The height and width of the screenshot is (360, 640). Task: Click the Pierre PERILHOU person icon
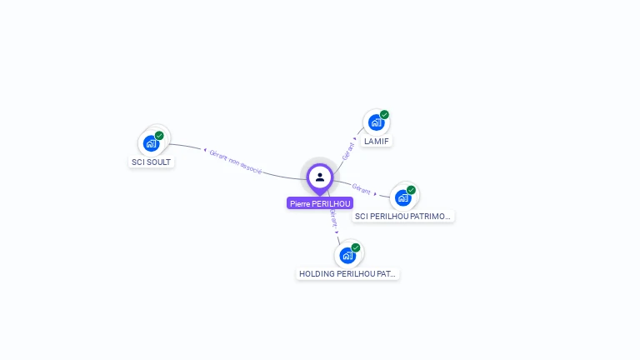[x=320, y=177]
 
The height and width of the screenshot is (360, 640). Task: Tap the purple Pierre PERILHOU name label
[x=320, y=203]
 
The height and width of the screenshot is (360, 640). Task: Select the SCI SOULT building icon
[x=151, y=143]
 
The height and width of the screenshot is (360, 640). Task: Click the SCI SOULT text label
[x=152, y=162]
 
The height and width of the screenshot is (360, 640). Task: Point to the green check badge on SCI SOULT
[x=159, y=136]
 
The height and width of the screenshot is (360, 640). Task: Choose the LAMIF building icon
[x=376, y=123]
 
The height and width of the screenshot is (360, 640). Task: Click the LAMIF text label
[x=377, y=142]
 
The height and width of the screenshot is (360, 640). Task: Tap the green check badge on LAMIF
[x=384, y=115]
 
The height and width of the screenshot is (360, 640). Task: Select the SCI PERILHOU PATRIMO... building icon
[x=403, y=197]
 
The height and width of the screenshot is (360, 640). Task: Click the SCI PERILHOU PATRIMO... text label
[x=403, y=216]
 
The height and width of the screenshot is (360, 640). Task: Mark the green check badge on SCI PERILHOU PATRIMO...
[x=411, y=190]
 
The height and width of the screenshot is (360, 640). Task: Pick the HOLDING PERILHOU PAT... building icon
[x=347, y=255]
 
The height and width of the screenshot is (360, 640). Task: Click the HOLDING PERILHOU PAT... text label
[x=347, y=273]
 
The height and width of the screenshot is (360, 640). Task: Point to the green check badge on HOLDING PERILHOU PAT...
[x=356, y=247]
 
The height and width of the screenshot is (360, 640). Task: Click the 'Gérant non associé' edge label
[x=236, y=162]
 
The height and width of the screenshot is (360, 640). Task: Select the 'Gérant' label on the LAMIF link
[x=349, y=150]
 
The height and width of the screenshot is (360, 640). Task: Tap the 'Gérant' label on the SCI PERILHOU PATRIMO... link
[x=361, y=188]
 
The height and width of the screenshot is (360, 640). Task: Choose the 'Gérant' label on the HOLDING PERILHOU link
[x=332, y=219]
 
